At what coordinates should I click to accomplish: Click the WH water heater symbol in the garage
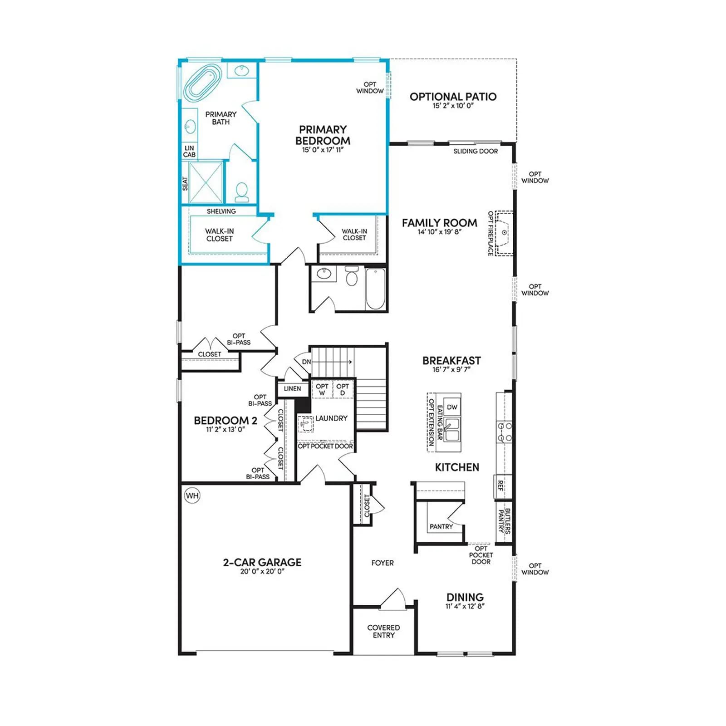192,495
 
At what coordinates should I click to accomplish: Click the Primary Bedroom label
323,135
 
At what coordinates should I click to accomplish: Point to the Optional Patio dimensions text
453,106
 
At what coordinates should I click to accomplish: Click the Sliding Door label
476,151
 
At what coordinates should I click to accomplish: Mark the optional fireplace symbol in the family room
504,233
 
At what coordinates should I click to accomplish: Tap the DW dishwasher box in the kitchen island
452,407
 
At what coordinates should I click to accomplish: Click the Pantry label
441,526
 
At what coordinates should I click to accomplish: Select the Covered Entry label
384,631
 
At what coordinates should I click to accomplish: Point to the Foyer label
383,563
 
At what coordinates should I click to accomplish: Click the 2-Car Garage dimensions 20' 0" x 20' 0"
262,571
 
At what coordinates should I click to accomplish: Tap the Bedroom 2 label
226,421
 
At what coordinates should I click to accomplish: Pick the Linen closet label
292,388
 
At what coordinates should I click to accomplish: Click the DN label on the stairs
307,362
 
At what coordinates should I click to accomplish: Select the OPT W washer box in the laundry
322,389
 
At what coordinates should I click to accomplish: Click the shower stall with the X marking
206,182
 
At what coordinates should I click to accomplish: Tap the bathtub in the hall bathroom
375,289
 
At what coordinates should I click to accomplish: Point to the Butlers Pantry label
504,520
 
